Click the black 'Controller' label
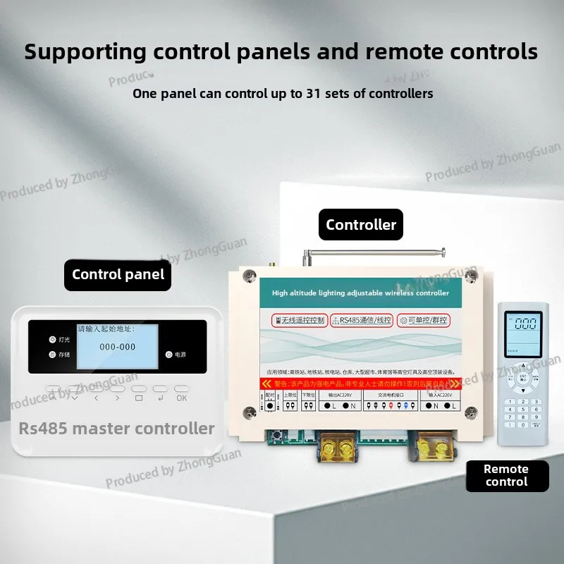(361, 226)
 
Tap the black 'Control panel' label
(118, 275)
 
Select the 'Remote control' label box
(506, 475)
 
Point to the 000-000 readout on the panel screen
(118, 347)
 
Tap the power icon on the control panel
(168, 355)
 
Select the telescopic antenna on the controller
(374, 251)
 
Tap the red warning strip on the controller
(360, 384)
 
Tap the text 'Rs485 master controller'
(116, 428)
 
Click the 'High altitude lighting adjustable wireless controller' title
(360, 293)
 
